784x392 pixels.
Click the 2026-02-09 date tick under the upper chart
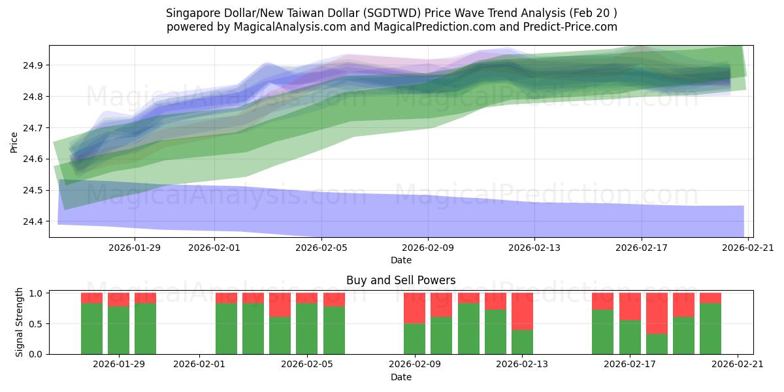click(428, 248)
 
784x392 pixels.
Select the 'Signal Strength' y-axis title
click(20, 322)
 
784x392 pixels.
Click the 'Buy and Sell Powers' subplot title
click(400, 280)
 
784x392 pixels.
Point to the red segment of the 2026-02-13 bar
click(522, 311)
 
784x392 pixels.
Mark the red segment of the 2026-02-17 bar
click(630, 306)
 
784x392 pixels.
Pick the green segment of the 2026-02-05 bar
click(306, 329)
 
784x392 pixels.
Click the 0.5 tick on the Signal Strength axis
click(37, 323)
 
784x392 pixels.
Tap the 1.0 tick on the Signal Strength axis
click(37, 293)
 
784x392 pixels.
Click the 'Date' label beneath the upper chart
click(400, 260)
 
